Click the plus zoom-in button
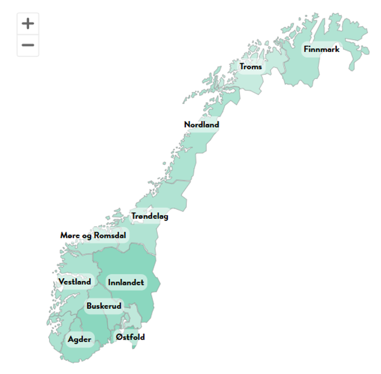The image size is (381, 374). (28, 23)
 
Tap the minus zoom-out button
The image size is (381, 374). (28, 45)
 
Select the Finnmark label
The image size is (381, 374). (321, 49)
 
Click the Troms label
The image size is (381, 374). (251, 67)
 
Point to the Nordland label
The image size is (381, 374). (201, 125)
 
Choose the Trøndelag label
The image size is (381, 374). (150, 216)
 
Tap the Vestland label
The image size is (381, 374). (75, 282)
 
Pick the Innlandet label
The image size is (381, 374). (126, 283)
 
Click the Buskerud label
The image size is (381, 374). (104, 306)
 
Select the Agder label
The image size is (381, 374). (79, 340)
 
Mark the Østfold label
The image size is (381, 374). (130, 337)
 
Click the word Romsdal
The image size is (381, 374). (110, 235)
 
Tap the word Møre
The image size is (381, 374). (70, 235)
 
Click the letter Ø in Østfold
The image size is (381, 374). (119, 337)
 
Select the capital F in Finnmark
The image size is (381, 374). (306, 49)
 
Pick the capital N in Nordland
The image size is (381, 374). (187, 125)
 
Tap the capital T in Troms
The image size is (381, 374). (242, 67)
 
